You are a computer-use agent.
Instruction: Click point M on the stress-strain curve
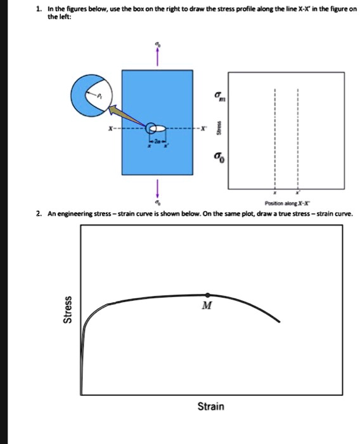[209, 295]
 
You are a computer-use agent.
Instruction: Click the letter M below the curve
[206, 306]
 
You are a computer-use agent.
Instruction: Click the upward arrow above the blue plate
[157, 57]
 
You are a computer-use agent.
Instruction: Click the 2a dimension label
[157, 140]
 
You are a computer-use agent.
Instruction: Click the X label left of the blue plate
[112, 129]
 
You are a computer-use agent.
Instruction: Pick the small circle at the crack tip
[151, 129]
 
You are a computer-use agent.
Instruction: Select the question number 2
[39, 214]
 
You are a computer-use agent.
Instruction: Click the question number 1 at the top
[39, 9]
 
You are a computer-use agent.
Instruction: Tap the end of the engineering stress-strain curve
[280, 322]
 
